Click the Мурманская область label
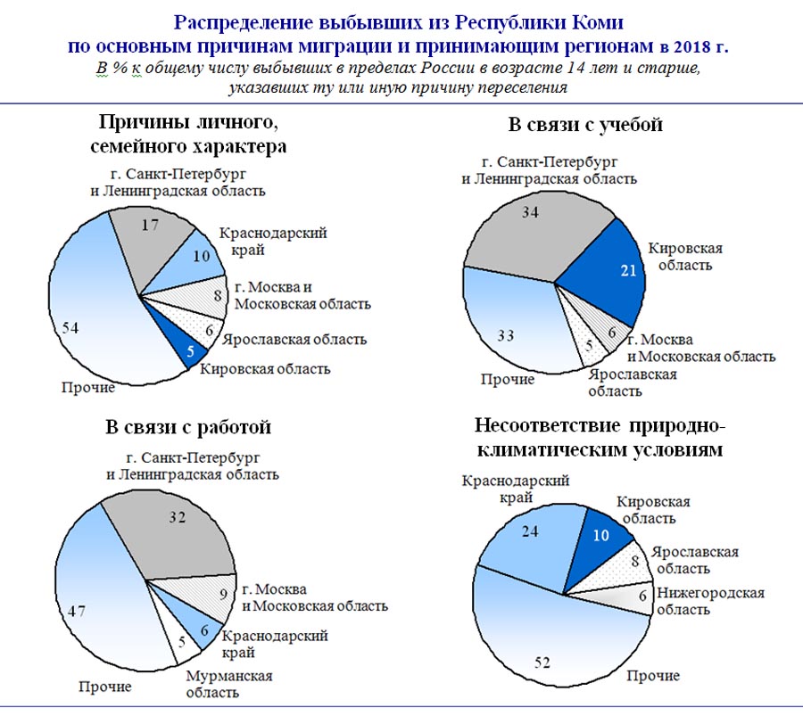(228, 686)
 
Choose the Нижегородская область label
(710, 601)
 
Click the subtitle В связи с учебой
(585, 125)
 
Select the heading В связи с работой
(187, 427)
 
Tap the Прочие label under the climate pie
(652, 675)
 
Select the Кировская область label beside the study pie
(684, 256)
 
